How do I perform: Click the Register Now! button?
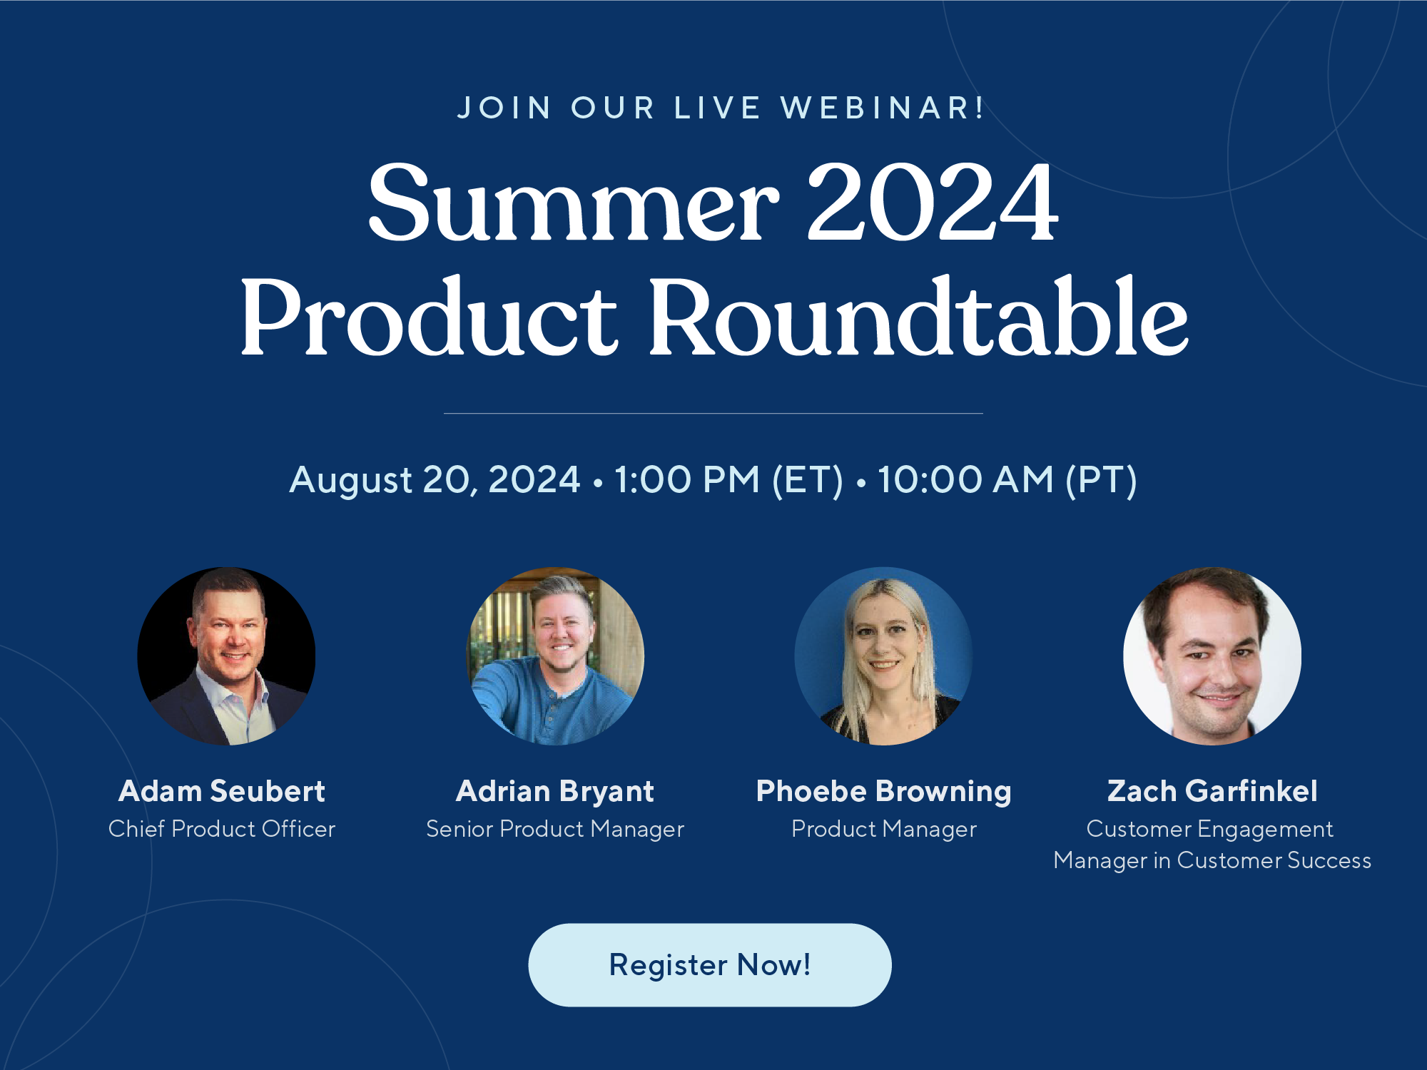tap(709, 964)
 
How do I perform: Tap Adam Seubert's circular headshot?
tap(226, 656)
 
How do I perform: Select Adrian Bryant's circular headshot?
tap(555, 656)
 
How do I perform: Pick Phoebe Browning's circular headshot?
tap(883, 656)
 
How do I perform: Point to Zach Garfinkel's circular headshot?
tap(1212, 656)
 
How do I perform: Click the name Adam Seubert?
tap(222, 791)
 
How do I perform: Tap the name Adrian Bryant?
tap(555, 791)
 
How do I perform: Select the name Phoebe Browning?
tap(883, 791)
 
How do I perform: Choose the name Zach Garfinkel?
tap(1212, 791)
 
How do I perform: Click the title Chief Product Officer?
tap(222, 829)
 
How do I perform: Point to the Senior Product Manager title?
tap(555, 829)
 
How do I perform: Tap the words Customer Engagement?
tap(1209, 829)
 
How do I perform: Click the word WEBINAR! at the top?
tap(883, 108)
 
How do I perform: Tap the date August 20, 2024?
tap(435, 479)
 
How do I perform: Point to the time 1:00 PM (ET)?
tap(728, 479)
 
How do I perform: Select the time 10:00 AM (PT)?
tap(1007, 479)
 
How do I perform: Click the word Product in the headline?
tap(429, 317)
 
